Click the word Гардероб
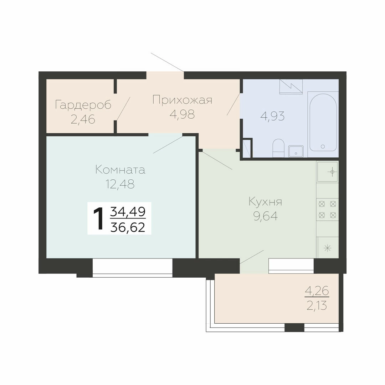coord(83,105)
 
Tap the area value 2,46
coord(83,119)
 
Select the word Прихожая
coord(182,100)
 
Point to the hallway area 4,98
coord(182,114)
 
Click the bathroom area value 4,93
coord(273,116)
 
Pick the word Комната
coord(120,170)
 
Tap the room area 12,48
coord(120,184)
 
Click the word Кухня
coord(266,202)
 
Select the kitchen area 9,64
coord(266,216)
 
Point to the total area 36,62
coord(128,227)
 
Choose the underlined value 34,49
coord(128,212)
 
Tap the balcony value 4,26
coord(317,292)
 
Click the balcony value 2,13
coord(317,306)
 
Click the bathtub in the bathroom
coord(323,122)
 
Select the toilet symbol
coord(278,148)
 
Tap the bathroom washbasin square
coord(296,151)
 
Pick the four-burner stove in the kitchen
coord(327,210)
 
